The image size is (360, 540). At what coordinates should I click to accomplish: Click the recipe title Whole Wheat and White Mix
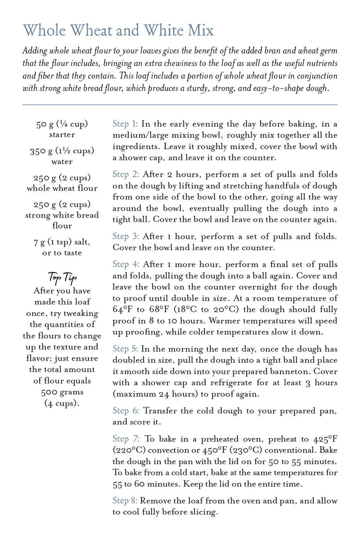(x=118, y=31)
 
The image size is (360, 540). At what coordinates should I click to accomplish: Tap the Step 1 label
(x=125, y=124)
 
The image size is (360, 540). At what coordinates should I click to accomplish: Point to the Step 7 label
(x=126, y=439)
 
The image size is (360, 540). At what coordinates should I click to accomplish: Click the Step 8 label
(x=125, y=501)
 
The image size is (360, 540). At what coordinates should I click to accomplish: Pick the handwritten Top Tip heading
(x=62, y=278)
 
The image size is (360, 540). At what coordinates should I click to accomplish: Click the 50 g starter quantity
(x=62, y=124)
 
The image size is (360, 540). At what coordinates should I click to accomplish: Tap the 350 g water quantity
(x=62, y=151)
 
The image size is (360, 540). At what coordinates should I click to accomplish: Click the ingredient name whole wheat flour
(x=62, y=188)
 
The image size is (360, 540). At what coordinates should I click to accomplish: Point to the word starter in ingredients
(x=62, y=135)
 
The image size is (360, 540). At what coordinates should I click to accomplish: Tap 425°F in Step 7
(x=325, y=439)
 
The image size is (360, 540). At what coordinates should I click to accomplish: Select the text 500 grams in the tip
(x=62, y=392)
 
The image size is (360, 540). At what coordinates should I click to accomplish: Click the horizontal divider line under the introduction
(x=180, y=105)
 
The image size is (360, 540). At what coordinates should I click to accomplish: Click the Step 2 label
(x=126, y=174)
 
